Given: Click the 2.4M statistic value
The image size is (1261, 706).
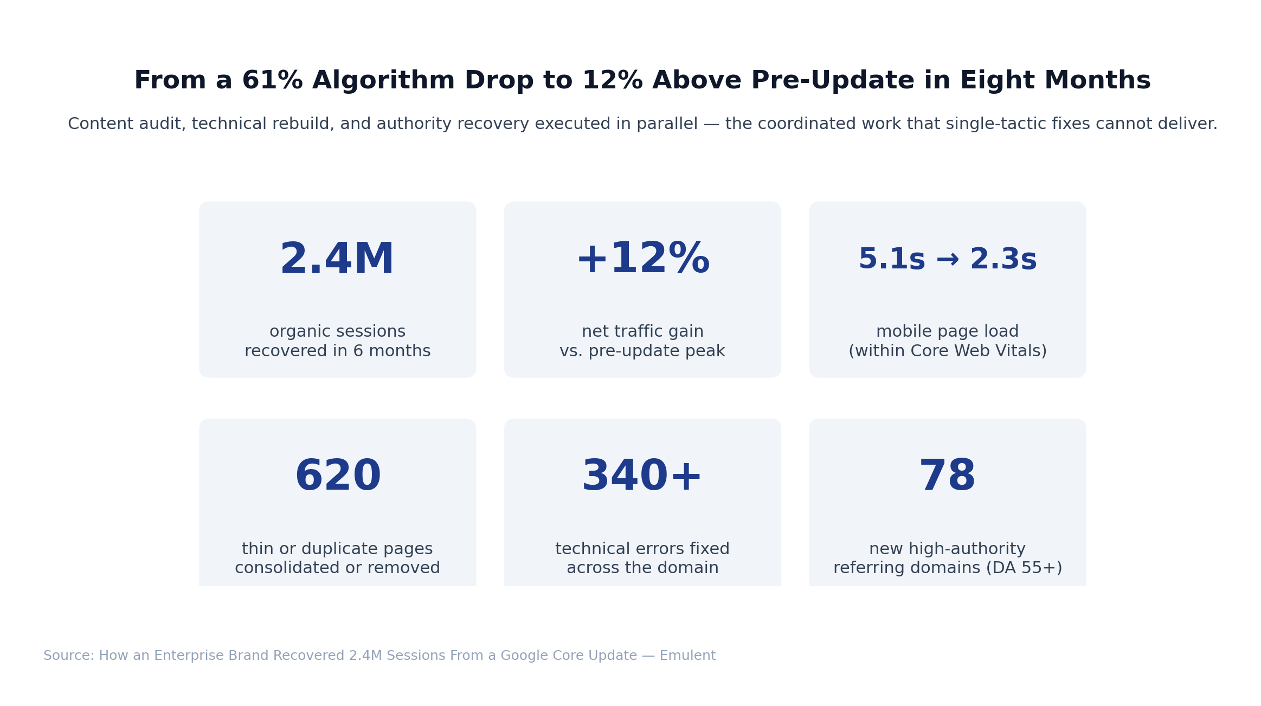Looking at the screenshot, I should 337,260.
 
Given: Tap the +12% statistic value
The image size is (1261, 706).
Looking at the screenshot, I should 642,259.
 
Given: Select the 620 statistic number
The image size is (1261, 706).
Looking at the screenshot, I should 338,477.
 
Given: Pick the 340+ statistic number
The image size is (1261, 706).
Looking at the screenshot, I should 642,477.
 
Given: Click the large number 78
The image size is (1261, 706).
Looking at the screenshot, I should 947,477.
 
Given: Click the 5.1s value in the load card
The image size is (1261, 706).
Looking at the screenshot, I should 891,260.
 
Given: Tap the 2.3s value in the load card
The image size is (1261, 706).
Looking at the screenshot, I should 1003,260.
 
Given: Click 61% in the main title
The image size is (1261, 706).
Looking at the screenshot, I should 272,81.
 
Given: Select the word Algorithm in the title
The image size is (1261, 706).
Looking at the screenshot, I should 383,81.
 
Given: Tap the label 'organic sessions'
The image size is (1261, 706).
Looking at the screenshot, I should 337,332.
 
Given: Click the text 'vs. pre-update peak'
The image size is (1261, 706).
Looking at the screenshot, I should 642,351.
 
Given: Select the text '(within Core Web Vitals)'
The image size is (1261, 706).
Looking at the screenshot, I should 947,351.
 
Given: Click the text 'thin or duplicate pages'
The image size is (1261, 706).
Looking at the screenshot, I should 337,549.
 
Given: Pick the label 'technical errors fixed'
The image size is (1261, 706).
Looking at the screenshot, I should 642,549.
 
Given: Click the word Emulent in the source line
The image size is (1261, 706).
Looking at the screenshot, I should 687,656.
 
